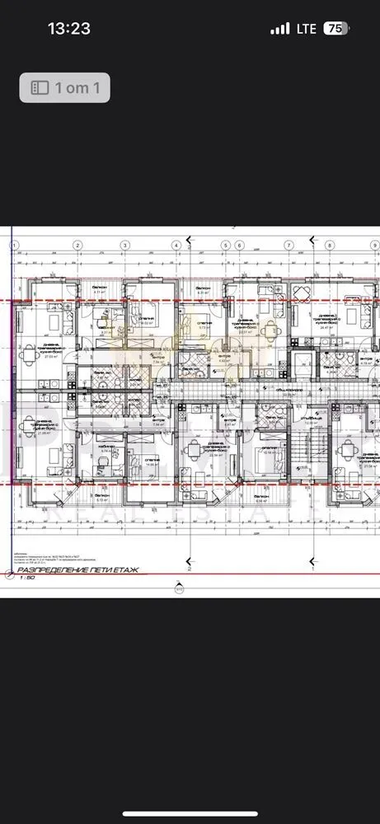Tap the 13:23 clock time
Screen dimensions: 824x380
click(68, 28)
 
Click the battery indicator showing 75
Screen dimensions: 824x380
click(335, 28)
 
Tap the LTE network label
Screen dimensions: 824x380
click(306, 28)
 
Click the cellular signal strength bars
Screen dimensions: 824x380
click(280, 29)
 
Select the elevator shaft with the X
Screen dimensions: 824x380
click(304, 365)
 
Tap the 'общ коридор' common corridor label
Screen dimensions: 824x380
click(289, 387)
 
